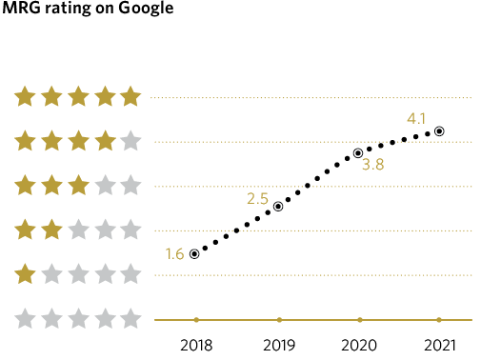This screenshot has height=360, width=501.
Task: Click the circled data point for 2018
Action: tap(194, 254)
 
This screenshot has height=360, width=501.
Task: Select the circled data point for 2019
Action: tap(278, 207)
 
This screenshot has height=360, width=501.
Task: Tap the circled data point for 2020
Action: tap(358, 153)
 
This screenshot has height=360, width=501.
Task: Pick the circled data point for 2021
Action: tap(439, 131)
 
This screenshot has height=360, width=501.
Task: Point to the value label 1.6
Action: tap(174, 254)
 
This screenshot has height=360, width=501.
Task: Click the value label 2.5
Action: tap(257, 199)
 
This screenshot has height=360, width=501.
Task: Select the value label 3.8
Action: tap(373, 165)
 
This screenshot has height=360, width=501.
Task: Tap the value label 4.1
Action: tap(416, 119)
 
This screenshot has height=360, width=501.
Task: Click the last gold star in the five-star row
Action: tap(131, 96)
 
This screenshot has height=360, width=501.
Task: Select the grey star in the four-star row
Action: tap(131, 141)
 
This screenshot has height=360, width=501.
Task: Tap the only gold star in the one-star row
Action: tap(25, 274)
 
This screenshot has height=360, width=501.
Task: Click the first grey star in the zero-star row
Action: tap(25, 318)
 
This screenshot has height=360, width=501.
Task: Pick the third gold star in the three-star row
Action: tap(78, 185)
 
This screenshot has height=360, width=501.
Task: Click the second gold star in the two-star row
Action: tap(51, 230)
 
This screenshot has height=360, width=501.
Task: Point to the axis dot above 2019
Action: tap(278, 319)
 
